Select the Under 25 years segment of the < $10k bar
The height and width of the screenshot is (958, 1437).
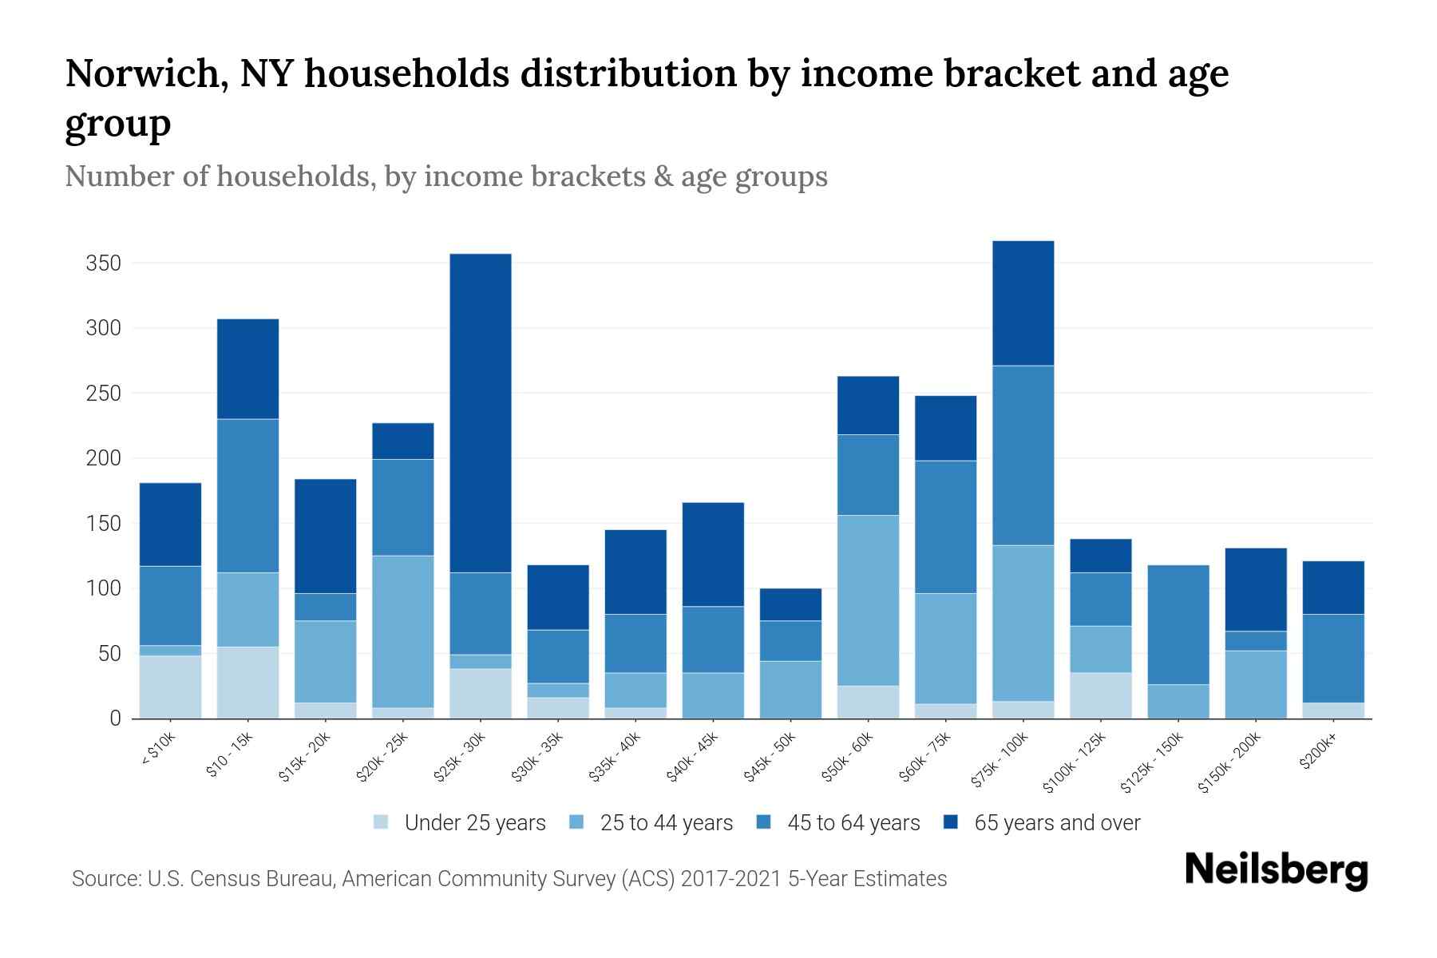(170, 687)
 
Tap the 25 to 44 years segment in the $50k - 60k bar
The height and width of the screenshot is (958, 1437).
(868, 600)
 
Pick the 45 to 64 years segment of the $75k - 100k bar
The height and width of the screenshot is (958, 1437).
(1023, 455)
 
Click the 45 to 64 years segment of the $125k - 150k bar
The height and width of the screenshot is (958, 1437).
(1178, 624)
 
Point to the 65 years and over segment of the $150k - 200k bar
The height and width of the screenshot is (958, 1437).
(1255, 589)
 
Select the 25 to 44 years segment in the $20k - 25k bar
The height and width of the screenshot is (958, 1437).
(403, 631)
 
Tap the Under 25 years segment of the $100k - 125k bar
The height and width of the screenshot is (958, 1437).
(1100, 695)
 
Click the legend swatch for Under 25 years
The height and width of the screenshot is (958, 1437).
(381, 821)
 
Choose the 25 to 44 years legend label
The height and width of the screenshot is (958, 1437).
(666, 823)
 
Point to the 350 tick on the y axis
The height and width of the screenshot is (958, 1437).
(103, 263)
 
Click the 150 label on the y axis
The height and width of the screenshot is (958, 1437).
(103, 524)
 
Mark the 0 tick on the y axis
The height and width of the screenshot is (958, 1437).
(115, 718)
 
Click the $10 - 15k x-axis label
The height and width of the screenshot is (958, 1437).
(229, 754)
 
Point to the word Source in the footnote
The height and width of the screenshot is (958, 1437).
(105, 879)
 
